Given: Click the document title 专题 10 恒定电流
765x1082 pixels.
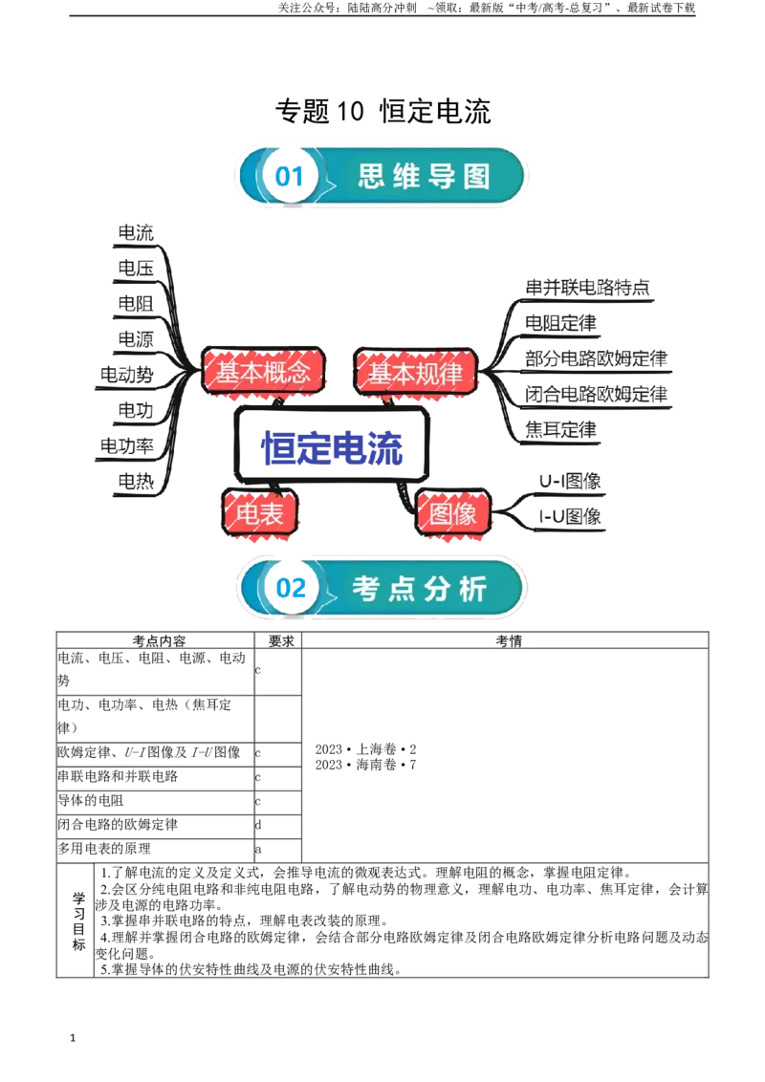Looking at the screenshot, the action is (382, 111).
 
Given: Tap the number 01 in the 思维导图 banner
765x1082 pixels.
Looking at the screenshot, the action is (290, 177).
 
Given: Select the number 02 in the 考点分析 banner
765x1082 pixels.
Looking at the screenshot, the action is (291, 588).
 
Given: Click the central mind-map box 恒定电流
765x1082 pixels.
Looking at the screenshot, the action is (332, 445).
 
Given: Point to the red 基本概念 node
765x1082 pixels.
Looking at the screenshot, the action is (263, 372).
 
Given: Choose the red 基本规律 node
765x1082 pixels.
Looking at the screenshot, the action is (416, 373).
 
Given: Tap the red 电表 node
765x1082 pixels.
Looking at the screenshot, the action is (259, 512).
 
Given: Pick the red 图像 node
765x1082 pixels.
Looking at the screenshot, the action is (453, 512).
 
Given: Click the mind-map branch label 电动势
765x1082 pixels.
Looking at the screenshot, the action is (127, 375).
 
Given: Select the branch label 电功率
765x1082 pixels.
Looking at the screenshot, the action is (127, 445).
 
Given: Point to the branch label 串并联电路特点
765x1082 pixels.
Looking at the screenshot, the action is (587, 287).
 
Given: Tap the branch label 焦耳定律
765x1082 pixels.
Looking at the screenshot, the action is (560, 429).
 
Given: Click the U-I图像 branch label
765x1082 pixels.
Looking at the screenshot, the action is (570, 481).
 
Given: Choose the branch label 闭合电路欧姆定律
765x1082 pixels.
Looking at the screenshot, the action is (597, 394).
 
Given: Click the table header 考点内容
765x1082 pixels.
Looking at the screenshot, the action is (159, 641).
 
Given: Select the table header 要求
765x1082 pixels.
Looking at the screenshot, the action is (281, 641).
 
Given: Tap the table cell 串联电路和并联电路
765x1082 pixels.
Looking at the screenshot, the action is (118, 776).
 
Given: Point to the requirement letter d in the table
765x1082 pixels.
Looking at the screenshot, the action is (257, 825).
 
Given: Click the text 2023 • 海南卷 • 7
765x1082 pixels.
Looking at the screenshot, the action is (365, 765).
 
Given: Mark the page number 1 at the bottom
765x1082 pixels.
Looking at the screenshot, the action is (73, 1038).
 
